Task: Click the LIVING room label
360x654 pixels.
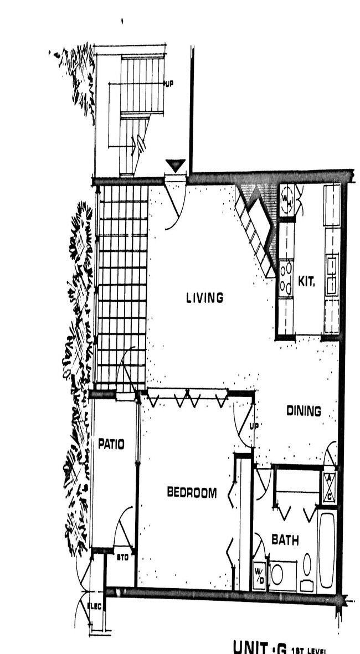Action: pos(204,298)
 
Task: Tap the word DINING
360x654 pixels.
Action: pos(304,411)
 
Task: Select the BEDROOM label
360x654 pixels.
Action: pos(192,492)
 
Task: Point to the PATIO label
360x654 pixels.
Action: pos(111,444)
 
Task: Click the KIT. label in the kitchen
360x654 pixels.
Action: pos(306,281)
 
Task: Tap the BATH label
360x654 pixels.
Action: pos(285,539)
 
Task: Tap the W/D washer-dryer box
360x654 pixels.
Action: pos(259,576)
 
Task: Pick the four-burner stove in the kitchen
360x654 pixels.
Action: pos(286,279)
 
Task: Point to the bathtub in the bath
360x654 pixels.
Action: pos(327,551)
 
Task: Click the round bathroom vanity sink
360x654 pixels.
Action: pos(277,574)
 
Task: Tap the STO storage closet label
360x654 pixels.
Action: pos(122,557)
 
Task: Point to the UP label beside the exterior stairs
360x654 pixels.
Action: pos(169,84)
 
